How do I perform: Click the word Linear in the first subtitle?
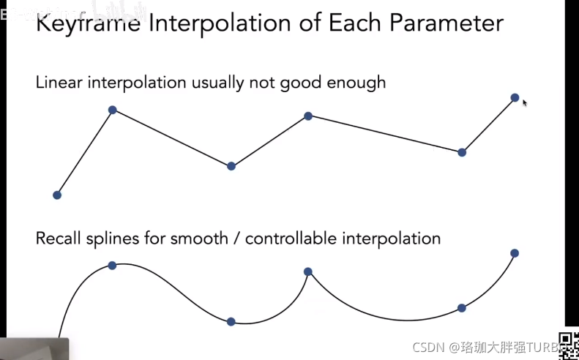[59, 82]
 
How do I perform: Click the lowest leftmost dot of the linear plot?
[57, 195]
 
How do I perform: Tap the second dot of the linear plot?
[112, 110]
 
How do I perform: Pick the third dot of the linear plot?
[231, 166]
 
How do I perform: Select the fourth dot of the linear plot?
[308, 116]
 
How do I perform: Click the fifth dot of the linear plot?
[462, 152]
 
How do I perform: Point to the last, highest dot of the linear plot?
[515, 97]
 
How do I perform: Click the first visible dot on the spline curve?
[112, 265]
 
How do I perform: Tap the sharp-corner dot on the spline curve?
[308, 271]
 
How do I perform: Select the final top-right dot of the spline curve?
[515, 253]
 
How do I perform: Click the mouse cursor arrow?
[525, 103]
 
